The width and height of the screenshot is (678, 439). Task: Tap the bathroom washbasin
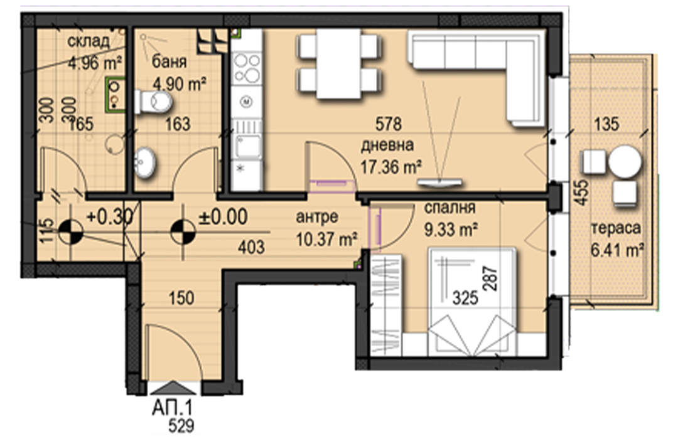[x=144, y=162]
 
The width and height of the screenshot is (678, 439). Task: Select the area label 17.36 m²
[x=391, y=166]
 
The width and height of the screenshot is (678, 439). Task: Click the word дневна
[x=387, y=145]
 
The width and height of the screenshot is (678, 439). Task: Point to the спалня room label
[x=449, y=208]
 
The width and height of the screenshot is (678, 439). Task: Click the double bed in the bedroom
[x=472, y=302]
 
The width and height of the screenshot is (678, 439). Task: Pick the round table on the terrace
[x=625, y=162]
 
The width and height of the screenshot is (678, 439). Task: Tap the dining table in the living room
[x=338, y=63]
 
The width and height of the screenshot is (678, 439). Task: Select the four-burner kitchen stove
[x=247, y=68]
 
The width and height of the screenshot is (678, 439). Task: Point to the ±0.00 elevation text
[x=223, y=216]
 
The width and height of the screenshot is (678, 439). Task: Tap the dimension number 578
[x=389, y=124]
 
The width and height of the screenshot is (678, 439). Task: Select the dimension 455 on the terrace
[x=583, y=193]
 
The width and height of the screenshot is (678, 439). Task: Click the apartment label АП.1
[x=172, y=408]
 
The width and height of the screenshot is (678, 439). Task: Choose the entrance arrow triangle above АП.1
[x=173, y=388]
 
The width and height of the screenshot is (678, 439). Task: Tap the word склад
[x=89, y=41]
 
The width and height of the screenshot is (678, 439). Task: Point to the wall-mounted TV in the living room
[x=439, y=182]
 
